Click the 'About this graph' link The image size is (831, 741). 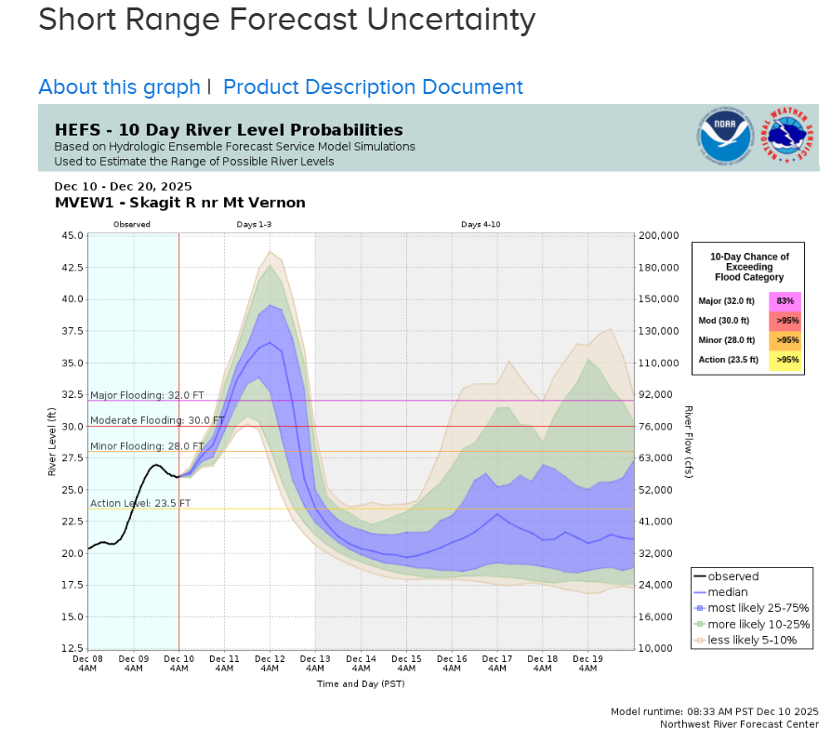click(119, 87)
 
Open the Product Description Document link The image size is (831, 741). click(373, 87)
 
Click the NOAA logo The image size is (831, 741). click(725, 138)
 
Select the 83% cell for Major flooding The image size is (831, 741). click(785, 301)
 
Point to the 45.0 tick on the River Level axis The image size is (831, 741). click(72, 235)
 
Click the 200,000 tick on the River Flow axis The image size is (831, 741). click(662, 235)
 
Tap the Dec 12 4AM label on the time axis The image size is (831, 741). click(270, 663)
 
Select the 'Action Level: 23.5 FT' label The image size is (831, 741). click(140, 503)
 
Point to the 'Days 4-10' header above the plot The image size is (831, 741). click(481, 225)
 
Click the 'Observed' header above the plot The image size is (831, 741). click(132, 225)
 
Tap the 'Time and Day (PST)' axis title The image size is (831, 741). click(361, 683)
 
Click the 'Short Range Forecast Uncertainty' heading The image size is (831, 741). click(287, 20)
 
